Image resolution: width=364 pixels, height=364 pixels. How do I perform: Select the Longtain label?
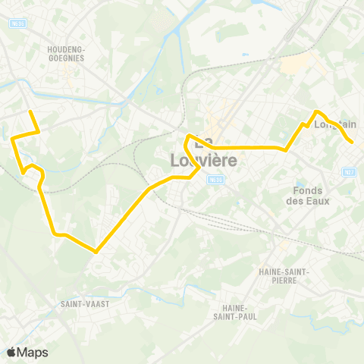click(335, 124)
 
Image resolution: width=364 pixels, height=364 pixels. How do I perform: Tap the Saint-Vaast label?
click(86, 303)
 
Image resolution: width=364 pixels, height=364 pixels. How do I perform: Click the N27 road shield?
click(350, 173)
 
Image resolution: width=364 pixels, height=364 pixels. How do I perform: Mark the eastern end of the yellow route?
click(352, 142)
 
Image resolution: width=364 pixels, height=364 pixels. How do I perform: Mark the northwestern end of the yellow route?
click(30, 112)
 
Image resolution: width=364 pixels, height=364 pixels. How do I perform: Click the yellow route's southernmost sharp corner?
click(96, 251)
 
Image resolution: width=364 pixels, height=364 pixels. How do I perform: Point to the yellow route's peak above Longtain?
click(316, 112)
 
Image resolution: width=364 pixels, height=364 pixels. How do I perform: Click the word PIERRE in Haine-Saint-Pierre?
click(281, 281)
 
